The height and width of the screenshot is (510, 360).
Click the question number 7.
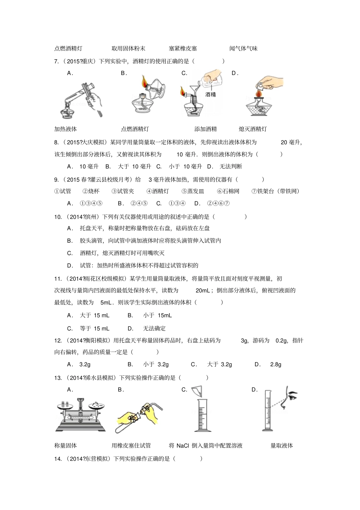coord(56,61)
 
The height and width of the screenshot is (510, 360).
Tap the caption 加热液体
coord(66,129)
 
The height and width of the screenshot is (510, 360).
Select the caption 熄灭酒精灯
coord(253,129)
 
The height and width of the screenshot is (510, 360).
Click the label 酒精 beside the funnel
coord(210,94)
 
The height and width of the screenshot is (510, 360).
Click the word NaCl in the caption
coord(183,446)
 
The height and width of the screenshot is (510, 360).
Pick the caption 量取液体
coord(282,446)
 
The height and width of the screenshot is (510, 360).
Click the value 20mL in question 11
coord(203,290)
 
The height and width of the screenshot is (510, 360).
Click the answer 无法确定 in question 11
coord(154,328)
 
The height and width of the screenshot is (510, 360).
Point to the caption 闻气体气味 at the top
coord(243,49)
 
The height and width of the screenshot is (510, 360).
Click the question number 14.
coord(58,459)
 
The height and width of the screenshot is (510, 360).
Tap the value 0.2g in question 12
coord(281,341)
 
